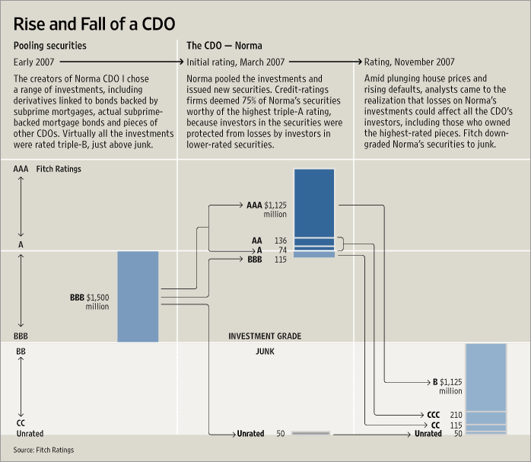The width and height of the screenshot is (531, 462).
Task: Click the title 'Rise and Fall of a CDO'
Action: tap(94, 19)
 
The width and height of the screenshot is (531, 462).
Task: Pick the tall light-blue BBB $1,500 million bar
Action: tap(138, 296)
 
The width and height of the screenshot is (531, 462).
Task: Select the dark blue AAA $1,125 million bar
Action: tap(313, 202)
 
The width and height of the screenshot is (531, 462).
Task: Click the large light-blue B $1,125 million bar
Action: tap(485, 377)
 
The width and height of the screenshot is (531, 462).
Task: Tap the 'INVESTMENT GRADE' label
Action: tap(265, 336)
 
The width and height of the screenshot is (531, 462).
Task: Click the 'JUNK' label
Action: tap(265, 352)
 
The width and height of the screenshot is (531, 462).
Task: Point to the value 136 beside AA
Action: tap(281, 241)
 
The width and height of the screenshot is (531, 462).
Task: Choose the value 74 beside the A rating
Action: tap(282, 250)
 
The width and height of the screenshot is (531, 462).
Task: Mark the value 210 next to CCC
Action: tap(456, 415)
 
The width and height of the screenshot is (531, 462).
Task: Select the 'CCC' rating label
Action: tap(434, 415)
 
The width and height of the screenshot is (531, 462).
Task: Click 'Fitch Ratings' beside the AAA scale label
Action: tap(58, 169)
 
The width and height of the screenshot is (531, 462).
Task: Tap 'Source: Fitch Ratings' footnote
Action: tap(44, 451)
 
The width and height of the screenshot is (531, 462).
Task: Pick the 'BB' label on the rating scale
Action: tap(21, 352)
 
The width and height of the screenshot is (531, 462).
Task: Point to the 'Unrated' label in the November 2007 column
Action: tap(428, 434)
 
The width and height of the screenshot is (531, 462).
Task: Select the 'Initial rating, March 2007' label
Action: tap(234, 61)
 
